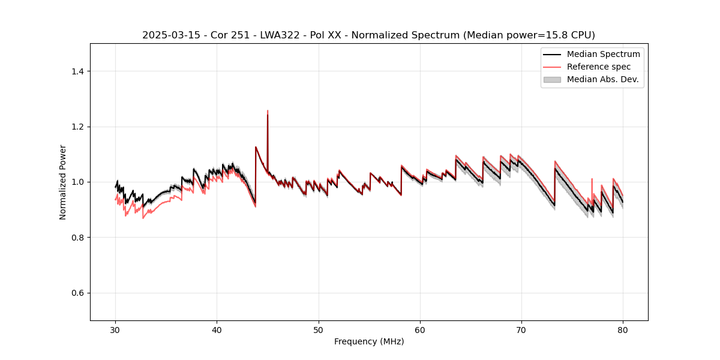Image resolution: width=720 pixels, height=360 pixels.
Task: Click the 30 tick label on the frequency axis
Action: click(116, 329)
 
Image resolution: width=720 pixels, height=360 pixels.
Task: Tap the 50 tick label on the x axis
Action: click(319, 329)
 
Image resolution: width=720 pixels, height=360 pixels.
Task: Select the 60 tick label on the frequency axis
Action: click(420, 329)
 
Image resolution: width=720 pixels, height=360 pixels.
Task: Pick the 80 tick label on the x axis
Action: click(623, 329)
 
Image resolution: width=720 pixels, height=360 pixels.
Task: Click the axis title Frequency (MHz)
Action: click(369, 341)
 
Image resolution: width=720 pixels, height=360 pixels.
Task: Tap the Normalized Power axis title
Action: click(63, 182)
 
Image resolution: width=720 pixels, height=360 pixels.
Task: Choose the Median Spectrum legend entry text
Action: click(603, 54)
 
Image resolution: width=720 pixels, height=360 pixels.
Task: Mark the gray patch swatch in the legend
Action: click(552, 79)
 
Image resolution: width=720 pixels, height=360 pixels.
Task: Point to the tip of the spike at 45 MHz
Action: click(268, 111)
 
